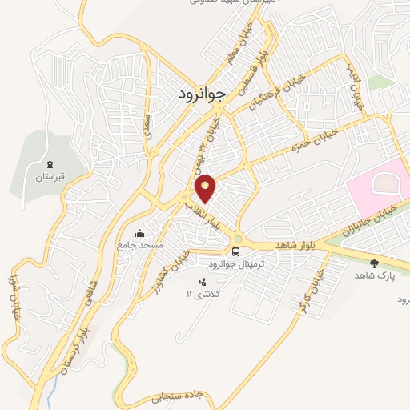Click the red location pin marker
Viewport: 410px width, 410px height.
coord(206,187)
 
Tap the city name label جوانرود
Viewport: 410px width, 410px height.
coord(201,92)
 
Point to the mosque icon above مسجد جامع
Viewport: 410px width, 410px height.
coord(140,233)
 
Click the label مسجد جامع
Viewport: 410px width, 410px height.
coord(140,244)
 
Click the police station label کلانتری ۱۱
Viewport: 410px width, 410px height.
coord(201,294)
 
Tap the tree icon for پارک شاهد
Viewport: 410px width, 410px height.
coord(374,262)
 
